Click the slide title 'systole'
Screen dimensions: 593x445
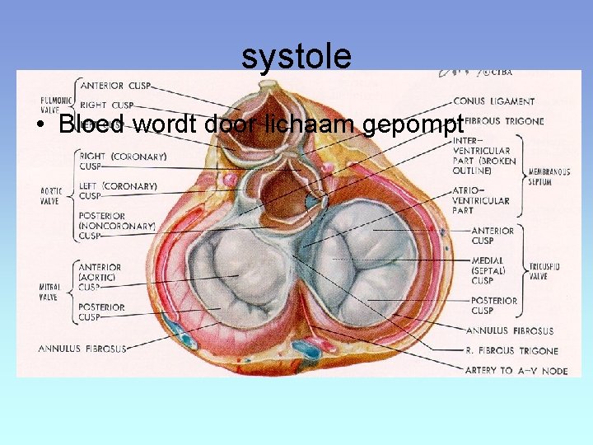point(296,56)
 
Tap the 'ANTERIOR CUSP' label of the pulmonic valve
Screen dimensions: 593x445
point(114,85)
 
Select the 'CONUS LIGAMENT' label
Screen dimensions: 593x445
point(493,101)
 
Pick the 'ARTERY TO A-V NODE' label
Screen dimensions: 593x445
point(516,371)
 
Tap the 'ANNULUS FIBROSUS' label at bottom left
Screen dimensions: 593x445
point(82,349)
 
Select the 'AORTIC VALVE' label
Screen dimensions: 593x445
point(51,194)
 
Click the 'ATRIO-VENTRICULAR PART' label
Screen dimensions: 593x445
point(482,200)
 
